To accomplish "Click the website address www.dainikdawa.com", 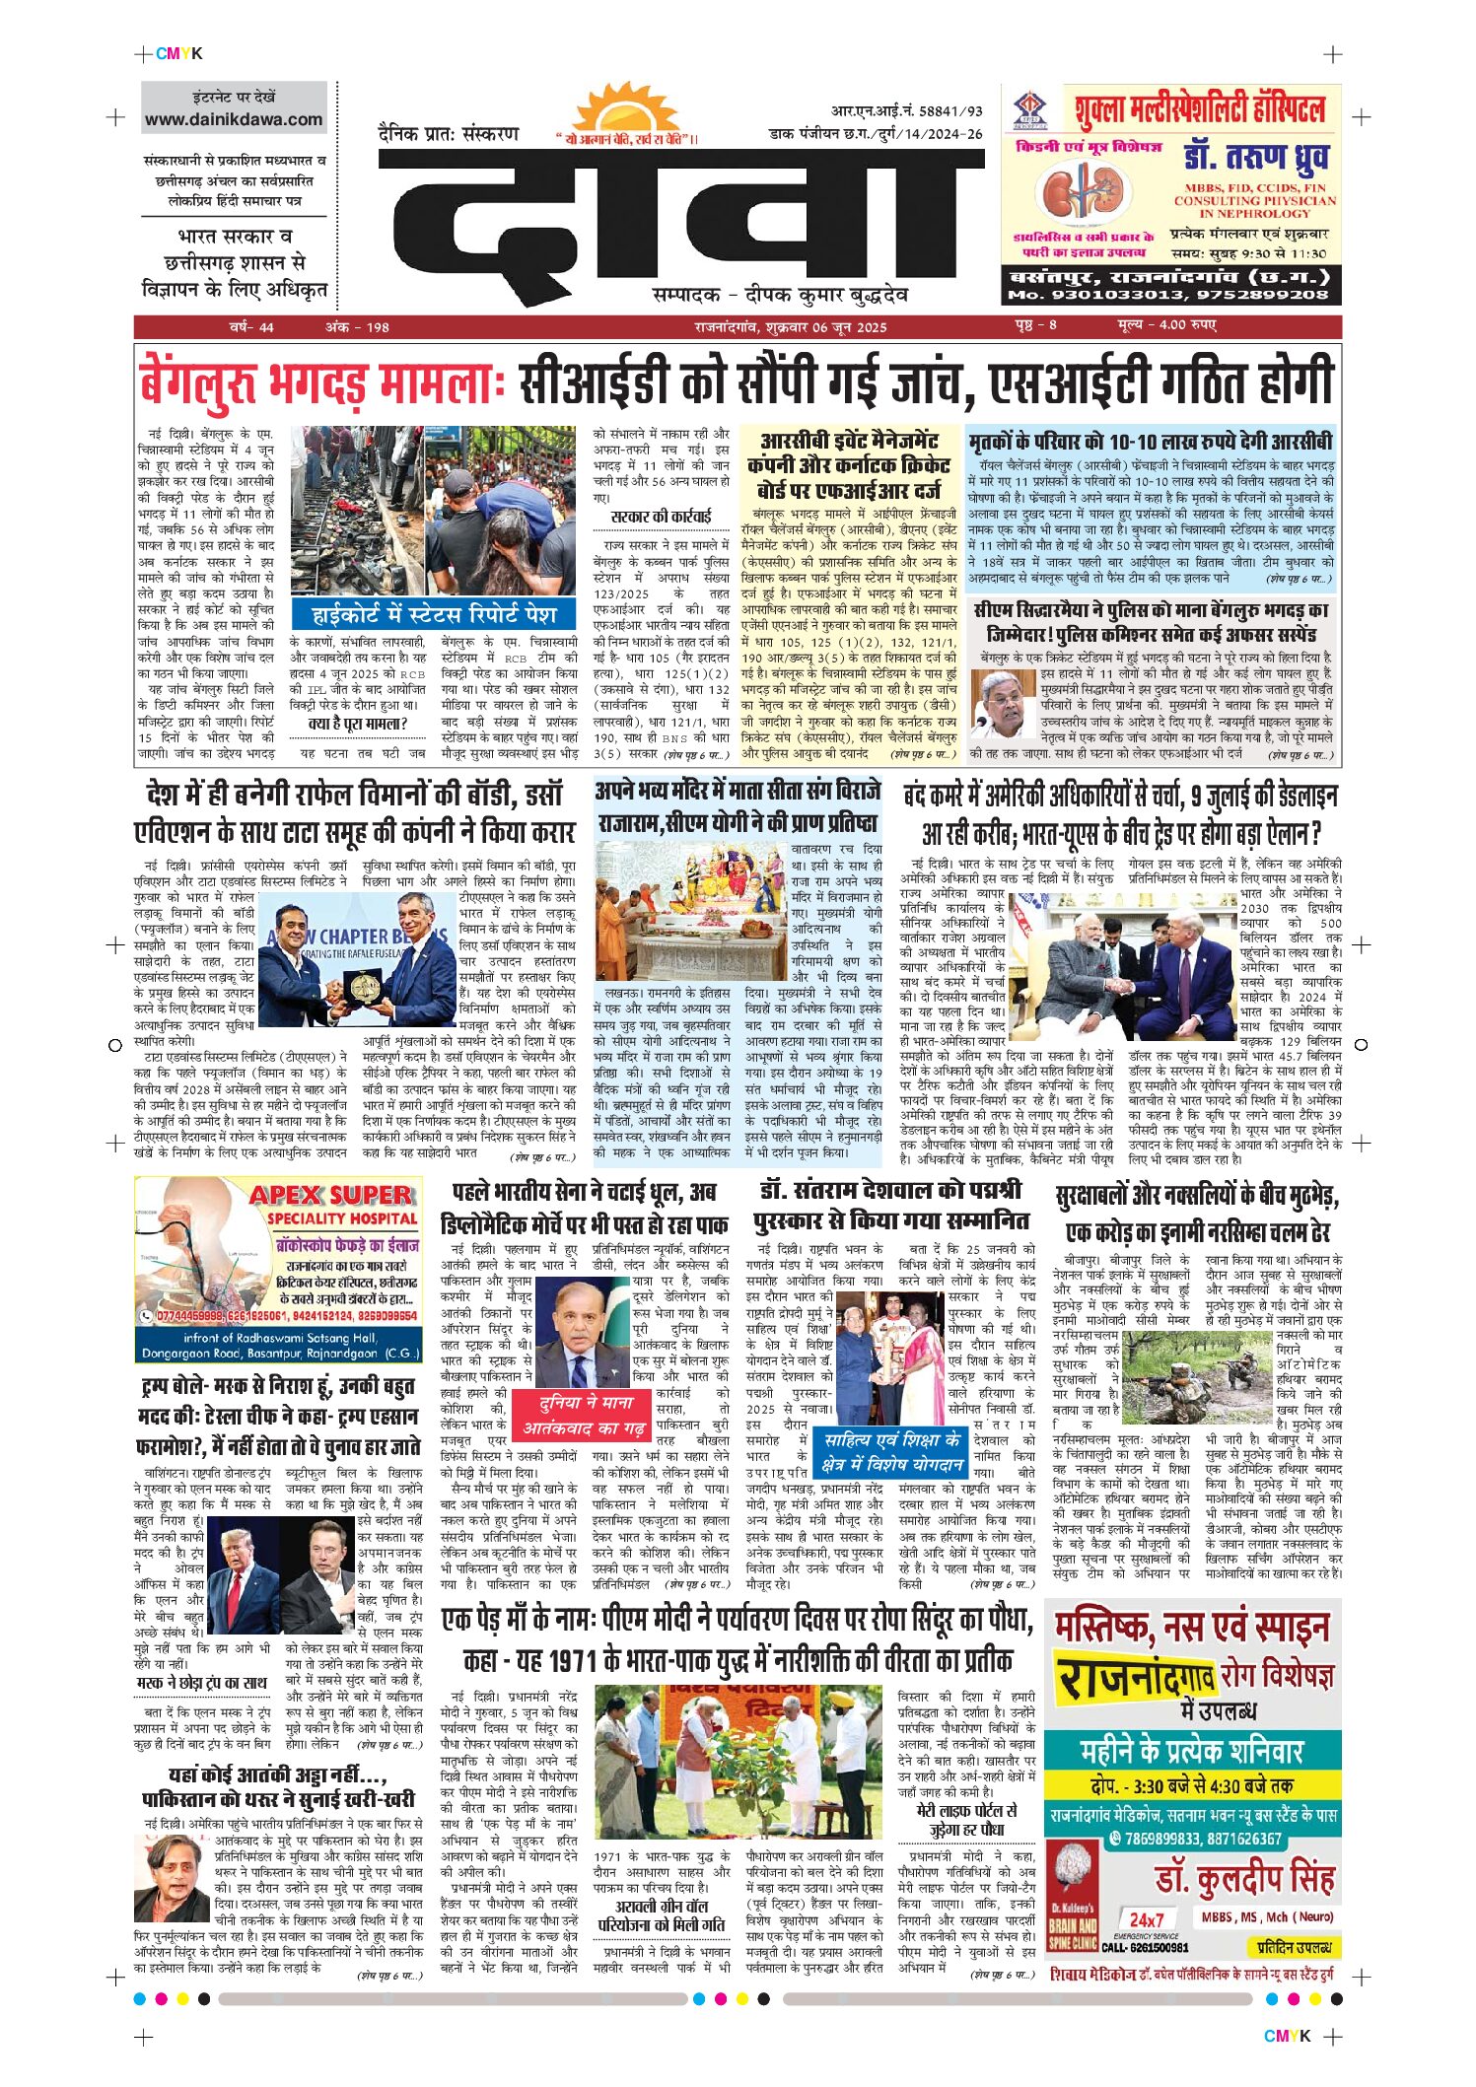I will (x=234, y=119).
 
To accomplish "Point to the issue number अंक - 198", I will (x=357, y=327).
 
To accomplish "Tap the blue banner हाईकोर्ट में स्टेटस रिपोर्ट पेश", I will (x=434, y=615).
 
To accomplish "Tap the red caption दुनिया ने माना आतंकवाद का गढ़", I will (x=584, y=1414).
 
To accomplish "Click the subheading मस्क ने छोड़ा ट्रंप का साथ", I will (x=202, y=1681).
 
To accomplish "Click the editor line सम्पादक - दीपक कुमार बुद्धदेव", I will (x=779, y=295).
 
